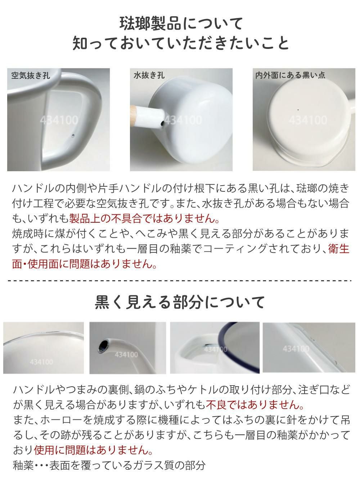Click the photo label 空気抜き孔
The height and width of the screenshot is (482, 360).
[x=31, y=76]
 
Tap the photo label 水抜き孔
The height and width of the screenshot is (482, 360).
[x=149, y=76]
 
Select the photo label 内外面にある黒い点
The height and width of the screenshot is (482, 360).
[x=290, y=75]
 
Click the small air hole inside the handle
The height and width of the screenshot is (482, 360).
[x=73, y=136]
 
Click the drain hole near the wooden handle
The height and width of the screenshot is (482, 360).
[x=162, y=124]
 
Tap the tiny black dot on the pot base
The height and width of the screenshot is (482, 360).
[x=298, y=110]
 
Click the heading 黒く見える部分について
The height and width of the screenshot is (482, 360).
[x=180, y=302]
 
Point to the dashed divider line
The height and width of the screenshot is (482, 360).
[x=180, y=281]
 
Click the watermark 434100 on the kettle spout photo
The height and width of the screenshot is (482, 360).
[x=126, y=354]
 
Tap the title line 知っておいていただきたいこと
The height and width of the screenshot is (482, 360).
[x=180, y=44]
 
